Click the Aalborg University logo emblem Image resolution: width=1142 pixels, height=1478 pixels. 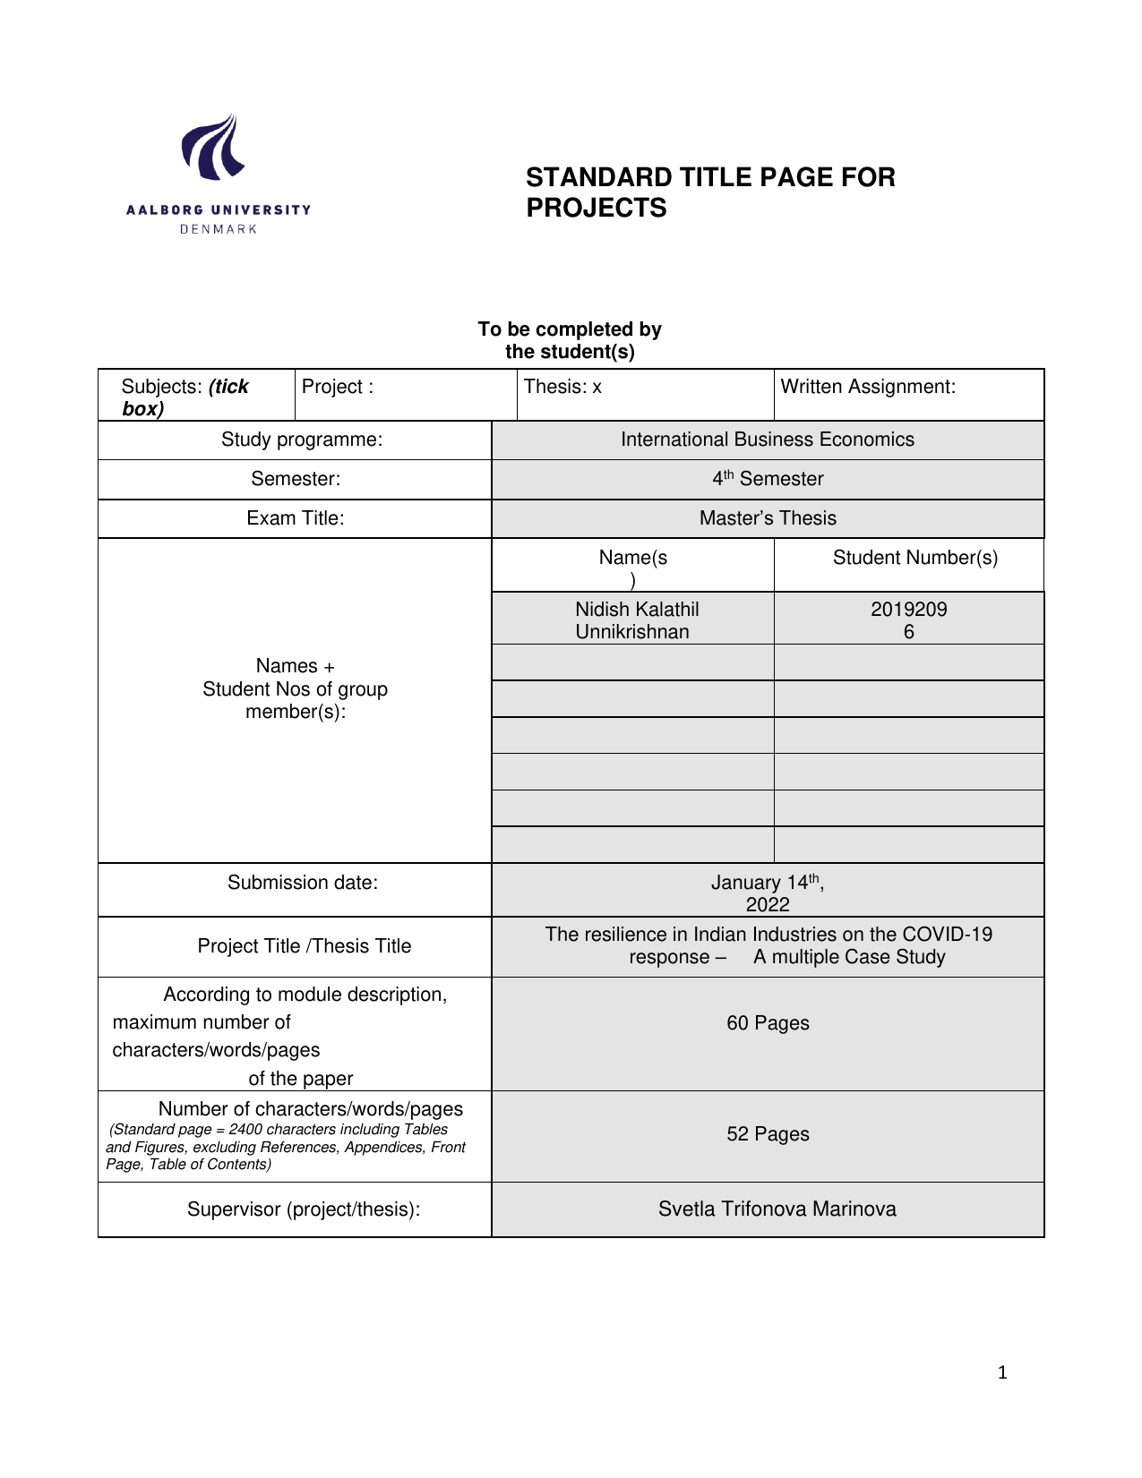(x=213, y=147)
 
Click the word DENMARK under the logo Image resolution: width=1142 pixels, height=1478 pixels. (x=219, y=229)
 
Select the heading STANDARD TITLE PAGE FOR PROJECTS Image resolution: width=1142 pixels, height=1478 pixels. (x=710, y=192)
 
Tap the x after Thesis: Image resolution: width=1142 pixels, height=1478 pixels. (x=597, y=388)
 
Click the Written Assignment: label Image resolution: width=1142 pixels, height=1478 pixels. (x=868, y=387)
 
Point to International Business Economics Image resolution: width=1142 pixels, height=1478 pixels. (x=768, y=440)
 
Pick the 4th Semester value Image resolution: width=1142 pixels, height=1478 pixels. (x=768, y=479)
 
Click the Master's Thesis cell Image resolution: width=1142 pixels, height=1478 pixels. (x=768, y=518)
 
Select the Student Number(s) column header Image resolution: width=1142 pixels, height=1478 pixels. (x=914, y=558)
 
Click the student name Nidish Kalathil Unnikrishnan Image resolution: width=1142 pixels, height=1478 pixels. (x=636, y=620)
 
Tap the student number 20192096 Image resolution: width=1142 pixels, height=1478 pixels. (x=908, y=620)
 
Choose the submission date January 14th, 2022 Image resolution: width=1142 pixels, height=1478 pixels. (x=768, y=893)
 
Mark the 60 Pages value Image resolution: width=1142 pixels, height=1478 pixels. (x=768, y=1023)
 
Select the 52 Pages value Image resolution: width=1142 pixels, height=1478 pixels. (x=768, y=1134)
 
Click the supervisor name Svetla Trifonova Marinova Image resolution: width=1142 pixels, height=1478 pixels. (x=777, y=1209)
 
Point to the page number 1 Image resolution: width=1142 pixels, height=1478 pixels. (x=1002, y=1372)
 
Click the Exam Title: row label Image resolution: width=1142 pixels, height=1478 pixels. (x=296, y=518)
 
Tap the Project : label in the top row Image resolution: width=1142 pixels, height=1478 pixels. (x=338, y=387)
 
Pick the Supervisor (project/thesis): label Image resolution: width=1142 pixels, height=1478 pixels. (x=304, y=1209)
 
